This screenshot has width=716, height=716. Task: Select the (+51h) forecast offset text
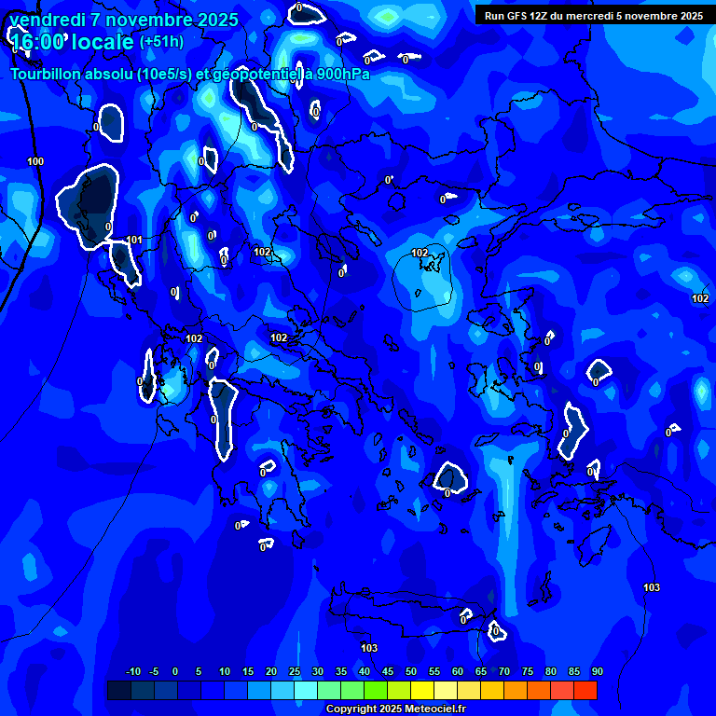click(161, 42)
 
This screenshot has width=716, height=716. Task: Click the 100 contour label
click(35, 162)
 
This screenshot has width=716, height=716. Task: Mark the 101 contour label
click(133, 240)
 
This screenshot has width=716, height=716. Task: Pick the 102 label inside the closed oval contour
click(420, 253)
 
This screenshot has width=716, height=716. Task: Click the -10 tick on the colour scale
click(132, 671)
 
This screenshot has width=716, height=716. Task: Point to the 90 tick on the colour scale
click(597, 671)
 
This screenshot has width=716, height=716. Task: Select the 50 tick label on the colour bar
click(411, 671)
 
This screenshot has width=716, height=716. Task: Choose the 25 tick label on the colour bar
click(295, 671)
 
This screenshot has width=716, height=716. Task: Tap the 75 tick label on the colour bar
click(528, 671)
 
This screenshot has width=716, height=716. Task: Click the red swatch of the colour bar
click(585, 690)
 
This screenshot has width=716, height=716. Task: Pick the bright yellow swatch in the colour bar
click(422, 690)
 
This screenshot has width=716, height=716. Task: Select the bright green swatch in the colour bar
click(376, 690)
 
